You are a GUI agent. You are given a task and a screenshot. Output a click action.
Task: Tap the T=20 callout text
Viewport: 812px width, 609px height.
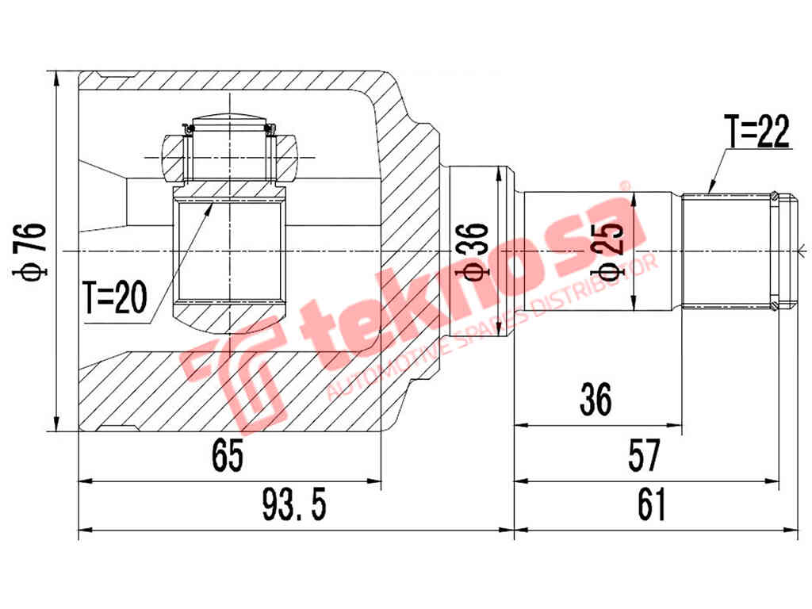pos(115,299)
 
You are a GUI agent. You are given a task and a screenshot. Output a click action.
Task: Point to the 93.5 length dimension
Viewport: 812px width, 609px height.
pos(294,505)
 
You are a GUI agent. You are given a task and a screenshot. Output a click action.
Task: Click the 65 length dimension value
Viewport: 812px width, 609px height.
pos(228,456)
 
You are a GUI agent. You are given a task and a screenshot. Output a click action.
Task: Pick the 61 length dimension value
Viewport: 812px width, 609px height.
pos(650,505)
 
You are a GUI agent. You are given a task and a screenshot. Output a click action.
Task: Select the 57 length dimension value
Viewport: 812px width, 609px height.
pos(643,456)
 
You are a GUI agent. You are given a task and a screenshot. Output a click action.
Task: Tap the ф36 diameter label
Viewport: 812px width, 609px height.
pos(476,251)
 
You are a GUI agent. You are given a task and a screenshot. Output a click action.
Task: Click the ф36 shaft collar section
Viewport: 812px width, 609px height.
pos(476,198)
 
